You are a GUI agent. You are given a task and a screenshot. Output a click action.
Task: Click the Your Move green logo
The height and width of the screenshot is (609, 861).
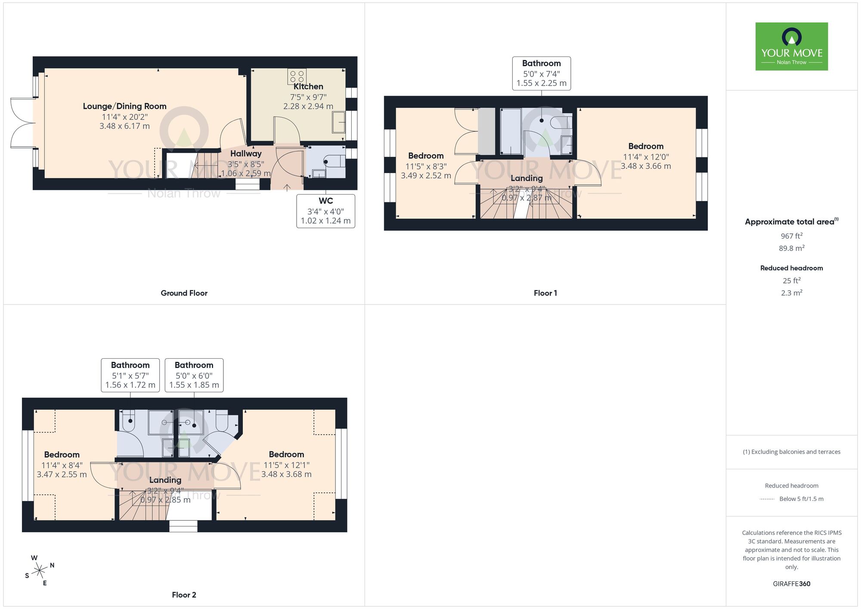[x=791, y=47]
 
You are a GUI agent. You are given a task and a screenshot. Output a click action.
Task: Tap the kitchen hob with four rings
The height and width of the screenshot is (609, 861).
[x=297, y=77]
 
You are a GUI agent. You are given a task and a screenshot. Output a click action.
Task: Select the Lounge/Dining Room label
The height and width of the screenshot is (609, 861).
[x=124, y=106]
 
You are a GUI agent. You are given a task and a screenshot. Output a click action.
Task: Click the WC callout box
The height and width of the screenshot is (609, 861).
[x=325, y=211]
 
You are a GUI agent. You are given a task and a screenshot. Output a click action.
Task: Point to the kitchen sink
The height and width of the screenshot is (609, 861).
[x=339, y=122]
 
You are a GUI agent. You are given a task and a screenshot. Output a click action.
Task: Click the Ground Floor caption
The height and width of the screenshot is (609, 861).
[x=184, y=293]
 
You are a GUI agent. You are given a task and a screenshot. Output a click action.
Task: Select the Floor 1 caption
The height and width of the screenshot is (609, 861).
[x=545, y=293]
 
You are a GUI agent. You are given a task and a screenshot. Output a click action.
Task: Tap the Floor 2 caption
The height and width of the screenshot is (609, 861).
[x=184, y=595]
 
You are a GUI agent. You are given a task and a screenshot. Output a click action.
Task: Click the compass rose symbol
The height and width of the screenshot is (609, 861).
[x=40, y=571]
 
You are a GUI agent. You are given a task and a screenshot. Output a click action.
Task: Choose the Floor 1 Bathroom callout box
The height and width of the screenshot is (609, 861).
[x=541, y=73]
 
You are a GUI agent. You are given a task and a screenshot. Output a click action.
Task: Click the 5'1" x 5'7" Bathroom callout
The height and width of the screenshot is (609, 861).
[x=130, y=375]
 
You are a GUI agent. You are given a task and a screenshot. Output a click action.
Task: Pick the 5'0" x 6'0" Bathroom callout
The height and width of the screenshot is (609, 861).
[x=194, y=375]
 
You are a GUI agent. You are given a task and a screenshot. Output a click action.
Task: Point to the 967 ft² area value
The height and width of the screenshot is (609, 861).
[x=791, y=236]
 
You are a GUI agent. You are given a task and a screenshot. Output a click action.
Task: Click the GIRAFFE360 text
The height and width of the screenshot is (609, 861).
[x=791, y=584]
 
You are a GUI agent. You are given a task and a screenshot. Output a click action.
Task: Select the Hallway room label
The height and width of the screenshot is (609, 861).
[x=246, y=154]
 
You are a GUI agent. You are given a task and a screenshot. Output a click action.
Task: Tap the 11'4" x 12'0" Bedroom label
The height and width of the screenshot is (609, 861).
[x=645, y=146]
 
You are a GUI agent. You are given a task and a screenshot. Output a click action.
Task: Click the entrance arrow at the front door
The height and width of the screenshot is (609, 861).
[x=287, y=187]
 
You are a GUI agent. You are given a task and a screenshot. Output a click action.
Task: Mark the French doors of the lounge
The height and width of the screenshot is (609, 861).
[x=22, y=123]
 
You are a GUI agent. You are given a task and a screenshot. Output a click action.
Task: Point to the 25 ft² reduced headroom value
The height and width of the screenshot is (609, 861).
[x=791, y=280]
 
